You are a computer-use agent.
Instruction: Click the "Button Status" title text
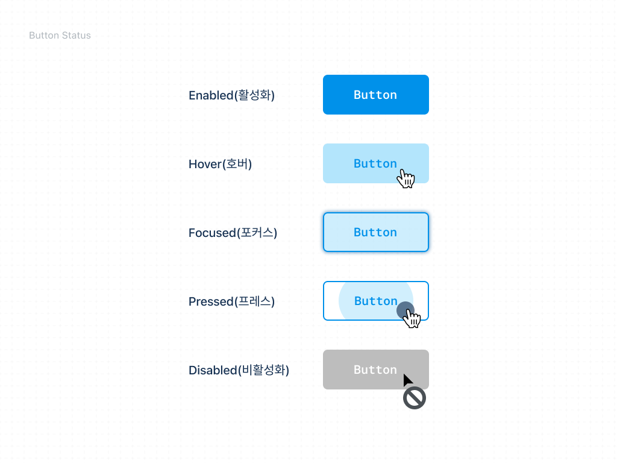point(60,36)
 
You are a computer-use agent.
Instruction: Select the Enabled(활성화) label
point(231,95)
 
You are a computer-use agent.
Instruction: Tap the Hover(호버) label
point(220,164)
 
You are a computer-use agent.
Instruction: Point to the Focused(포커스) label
point(233,233)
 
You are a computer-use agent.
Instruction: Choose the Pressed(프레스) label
point(231,301)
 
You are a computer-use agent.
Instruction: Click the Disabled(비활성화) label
point(239,370)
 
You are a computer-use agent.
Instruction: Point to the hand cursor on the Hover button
point(407,178)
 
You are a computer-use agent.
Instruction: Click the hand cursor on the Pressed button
point(412,318)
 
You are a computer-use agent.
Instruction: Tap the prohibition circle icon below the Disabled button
point(415,398)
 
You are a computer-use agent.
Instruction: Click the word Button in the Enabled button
point(375,95)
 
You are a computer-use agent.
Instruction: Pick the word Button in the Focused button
point(375,232)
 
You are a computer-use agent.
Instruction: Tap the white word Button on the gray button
point(375,370)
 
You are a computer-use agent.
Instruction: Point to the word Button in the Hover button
point(375,163)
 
